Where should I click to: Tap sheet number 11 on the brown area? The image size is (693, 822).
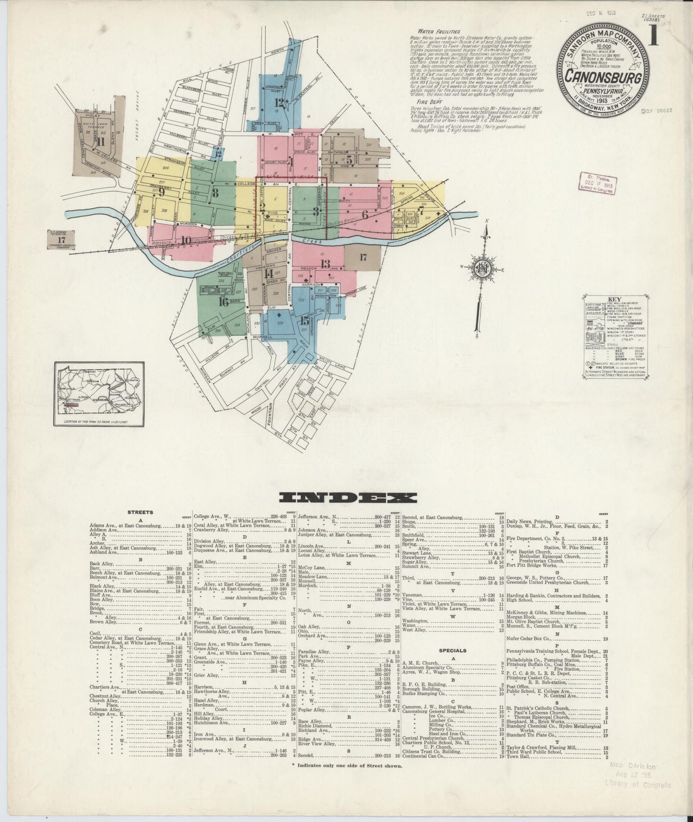(100, 142)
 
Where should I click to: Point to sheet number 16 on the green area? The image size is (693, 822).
(223, 302)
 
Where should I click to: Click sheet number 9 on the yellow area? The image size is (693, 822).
(161, 192)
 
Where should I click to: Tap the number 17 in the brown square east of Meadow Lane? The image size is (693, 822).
(363, 258)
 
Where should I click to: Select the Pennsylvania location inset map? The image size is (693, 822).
(99, 393)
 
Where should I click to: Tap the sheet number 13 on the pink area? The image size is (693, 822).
(325, 263)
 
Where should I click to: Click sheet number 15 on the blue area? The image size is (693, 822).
(304, 321)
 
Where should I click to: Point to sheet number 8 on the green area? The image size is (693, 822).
(215, 193)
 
